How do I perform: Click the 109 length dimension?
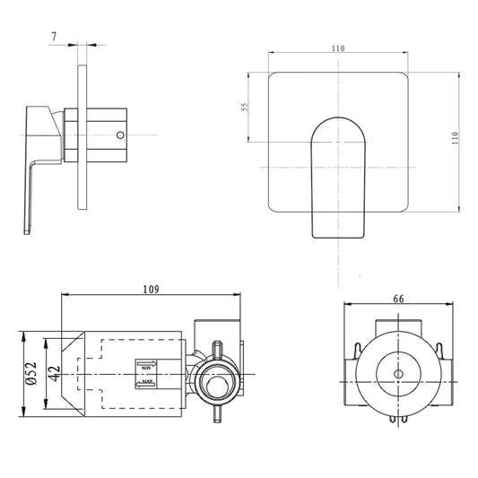coord(150,289)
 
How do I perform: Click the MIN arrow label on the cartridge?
coord(146,365)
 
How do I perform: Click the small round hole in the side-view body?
coord(119,135)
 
